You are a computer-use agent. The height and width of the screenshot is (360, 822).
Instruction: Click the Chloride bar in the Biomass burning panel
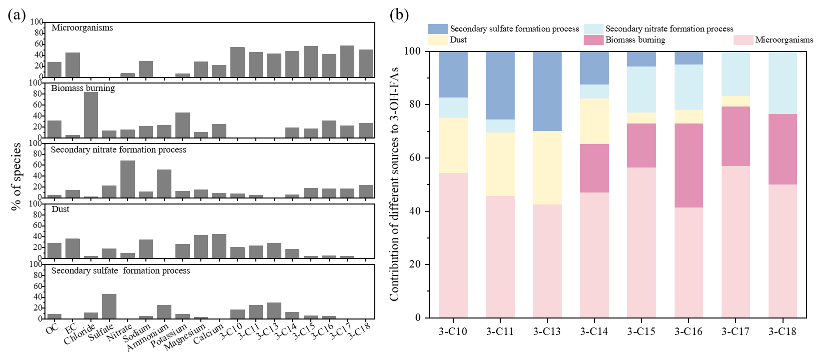coord(91,115)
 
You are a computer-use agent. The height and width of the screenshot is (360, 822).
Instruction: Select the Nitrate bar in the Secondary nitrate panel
coord(127,179)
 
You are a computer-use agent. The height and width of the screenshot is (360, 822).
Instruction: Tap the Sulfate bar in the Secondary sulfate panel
coord(109,306)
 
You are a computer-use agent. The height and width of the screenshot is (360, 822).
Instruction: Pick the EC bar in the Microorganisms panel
coord(72,64)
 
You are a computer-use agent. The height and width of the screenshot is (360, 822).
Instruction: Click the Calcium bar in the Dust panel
coord(219,246)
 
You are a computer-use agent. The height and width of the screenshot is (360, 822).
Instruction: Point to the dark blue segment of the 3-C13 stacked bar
coord(547,91)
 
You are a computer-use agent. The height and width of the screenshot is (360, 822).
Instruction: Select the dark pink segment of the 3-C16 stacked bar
coord(689,165)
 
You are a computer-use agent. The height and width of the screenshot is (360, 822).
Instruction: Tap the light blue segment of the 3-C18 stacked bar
coord(783,82)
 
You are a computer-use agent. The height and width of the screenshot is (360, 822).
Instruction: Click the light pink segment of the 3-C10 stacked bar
coord(453,245)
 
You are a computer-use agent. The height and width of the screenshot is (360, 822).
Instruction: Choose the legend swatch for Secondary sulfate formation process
coord(438,29)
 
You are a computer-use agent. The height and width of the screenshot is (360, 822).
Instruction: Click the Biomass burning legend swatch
coord(593,40)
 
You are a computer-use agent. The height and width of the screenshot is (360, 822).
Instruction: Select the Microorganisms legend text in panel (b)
coord(784,40)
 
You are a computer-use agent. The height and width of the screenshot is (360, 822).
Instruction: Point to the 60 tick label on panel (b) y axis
coord(415,158)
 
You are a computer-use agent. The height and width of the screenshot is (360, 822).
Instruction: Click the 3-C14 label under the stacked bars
coord(594,331)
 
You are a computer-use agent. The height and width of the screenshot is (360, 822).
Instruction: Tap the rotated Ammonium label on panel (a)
coord(148,337)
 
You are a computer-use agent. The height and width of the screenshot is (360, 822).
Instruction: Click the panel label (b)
coord(399,15)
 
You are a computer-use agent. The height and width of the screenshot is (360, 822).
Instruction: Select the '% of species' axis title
coord(16,176)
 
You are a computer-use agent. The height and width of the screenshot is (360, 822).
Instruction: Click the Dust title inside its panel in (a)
coord(60,209)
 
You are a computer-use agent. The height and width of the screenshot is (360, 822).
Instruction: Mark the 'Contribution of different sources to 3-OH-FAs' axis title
coord(394,184)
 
